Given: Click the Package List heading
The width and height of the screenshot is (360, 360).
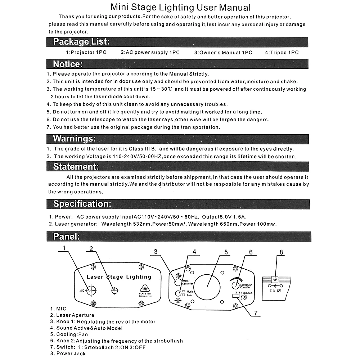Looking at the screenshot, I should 81,42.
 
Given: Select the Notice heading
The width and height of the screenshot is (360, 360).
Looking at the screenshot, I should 68,64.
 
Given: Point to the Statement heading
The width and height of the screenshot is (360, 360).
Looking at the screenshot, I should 76,167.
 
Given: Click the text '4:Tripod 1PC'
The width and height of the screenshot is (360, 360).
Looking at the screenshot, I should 282,53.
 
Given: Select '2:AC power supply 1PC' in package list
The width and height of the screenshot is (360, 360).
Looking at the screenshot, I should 150,53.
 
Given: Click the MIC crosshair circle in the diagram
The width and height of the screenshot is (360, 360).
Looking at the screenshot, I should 91,290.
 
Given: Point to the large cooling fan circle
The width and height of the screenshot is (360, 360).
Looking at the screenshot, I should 208,287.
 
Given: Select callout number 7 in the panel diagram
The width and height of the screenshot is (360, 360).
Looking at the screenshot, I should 256,313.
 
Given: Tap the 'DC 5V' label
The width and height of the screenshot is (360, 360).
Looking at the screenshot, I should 276,291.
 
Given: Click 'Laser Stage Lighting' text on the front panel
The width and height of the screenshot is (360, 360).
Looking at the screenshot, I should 119,277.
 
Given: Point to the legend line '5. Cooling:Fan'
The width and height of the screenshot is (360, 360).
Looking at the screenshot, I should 69,334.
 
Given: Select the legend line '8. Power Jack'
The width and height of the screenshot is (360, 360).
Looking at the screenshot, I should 68,354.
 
